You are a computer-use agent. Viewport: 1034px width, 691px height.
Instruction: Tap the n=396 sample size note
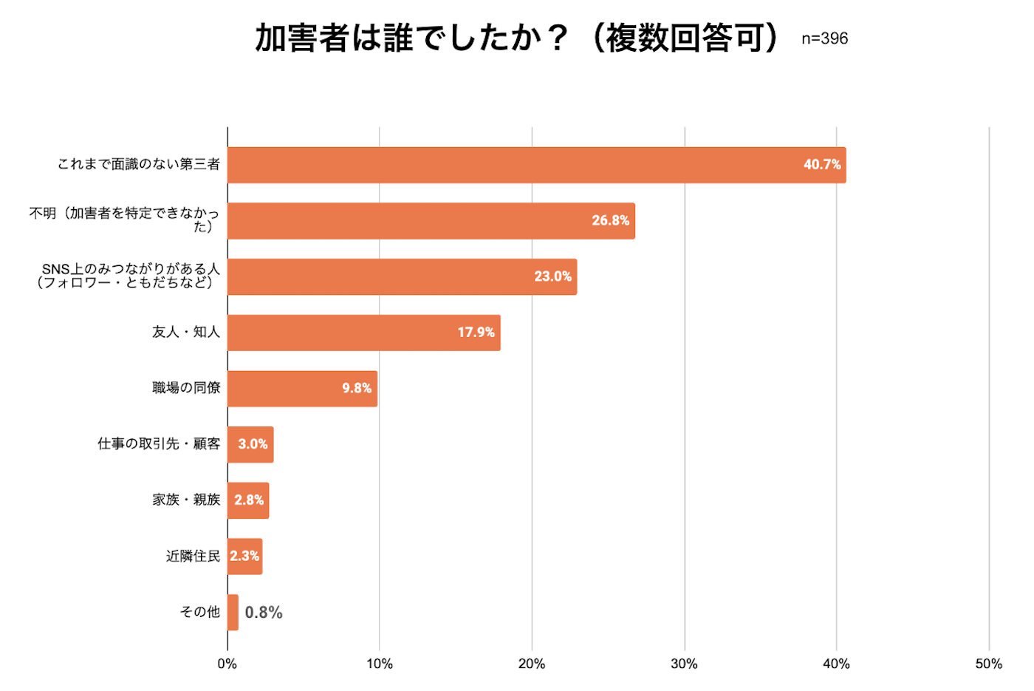coord(824,38)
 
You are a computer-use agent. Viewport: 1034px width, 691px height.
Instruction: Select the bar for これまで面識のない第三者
coord(536,165)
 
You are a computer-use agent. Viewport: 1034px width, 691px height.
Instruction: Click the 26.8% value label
coord(610,220)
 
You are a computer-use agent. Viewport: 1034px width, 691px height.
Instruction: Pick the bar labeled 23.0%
coord(402,276)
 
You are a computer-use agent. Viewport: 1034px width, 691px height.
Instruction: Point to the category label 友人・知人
coord(186,332)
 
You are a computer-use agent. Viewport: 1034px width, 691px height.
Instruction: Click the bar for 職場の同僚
coord(302,389)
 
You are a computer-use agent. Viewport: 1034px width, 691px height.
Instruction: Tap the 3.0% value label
coord(253,444)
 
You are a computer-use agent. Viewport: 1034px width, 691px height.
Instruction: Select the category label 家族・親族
coord(186,500)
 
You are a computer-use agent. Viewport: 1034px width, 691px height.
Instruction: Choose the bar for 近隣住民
coord(244,556)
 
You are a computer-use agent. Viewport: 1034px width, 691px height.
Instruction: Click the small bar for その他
coord(233,612)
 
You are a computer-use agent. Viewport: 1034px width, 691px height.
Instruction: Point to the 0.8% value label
coord(264,613)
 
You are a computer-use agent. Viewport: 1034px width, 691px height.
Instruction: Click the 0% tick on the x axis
coord(227,664)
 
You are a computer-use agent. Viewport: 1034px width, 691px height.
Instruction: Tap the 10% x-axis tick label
coord(380,664)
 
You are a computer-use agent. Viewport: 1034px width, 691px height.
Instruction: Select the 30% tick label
coord(684,664)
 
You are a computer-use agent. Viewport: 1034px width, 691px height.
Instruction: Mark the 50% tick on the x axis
coord(988,664)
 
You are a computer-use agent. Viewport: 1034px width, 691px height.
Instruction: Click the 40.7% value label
coord(822,165)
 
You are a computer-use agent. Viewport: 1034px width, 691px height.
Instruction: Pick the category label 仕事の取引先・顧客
coord(159,443)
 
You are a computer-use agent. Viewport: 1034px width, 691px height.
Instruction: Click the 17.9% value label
coord(476,333)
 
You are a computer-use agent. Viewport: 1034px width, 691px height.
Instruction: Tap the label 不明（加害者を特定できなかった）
coord(124,219)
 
